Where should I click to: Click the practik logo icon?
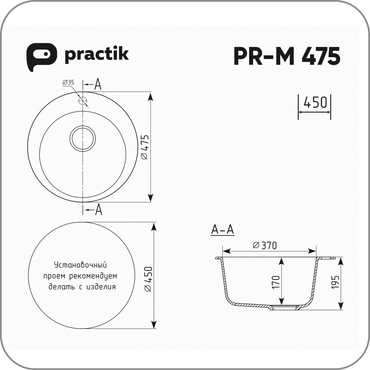point(41,57)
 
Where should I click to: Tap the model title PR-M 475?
point(287,56)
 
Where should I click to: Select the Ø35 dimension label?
point(68,82)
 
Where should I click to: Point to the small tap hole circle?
point(83,101)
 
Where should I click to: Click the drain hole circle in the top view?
point(83,138)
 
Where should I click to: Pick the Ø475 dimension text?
point(145,147)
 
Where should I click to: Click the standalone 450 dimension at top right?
point(315,102)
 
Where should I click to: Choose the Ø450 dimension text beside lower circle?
point(148,279)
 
